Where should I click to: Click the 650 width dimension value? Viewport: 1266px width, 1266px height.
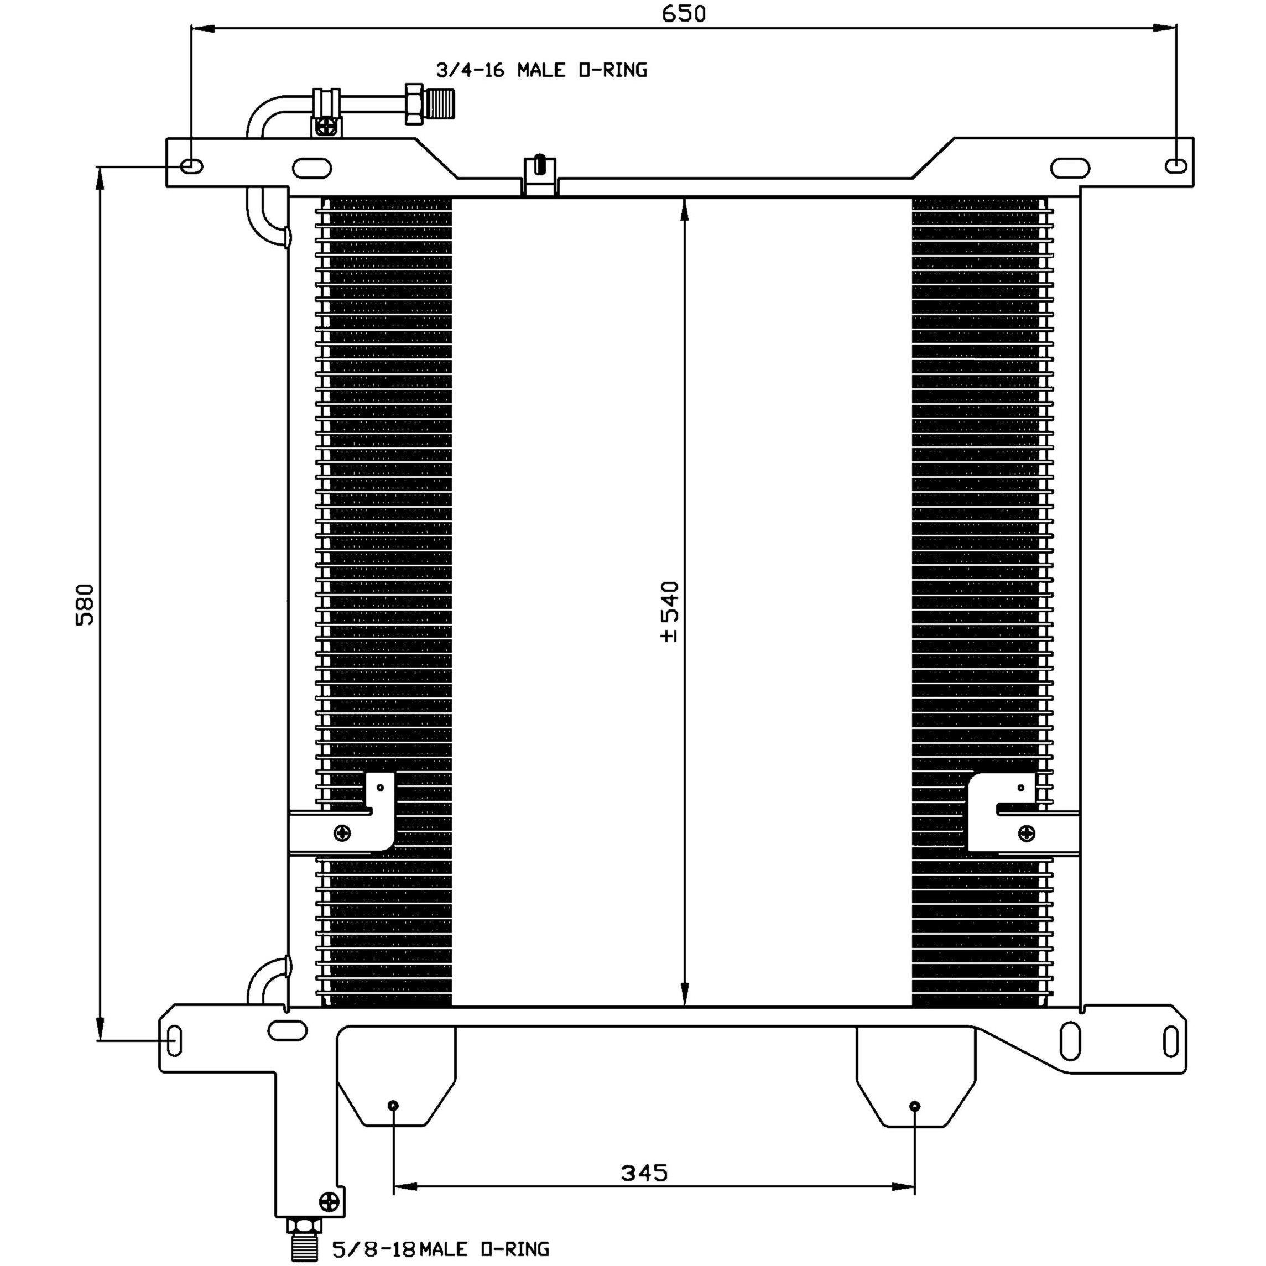coord(684,14)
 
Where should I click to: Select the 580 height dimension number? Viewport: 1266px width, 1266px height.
coord(86,604)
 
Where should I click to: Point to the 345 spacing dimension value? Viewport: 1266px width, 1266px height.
coord(644,1173)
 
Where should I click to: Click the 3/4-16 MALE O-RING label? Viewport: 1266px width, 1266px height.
coord(541,70)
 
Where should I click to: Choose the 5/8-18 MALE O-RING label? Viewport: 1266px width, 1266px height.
coord(440,1249)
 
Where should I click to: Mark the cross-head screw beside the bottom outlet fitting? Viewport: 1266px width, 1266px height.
coord(329,1201)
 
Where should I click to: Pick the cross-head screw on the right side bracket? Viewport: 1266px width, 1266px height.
coord(1027,833)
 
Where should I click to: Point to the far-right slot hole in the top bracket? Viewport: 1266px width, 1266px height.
coord(1176,166)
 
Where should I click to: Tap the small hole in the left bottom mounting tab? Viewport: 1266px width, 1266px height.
coord(393,1106)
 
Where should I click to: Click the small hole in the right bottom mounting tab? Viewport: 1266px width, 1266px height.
coord(915,1106)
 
